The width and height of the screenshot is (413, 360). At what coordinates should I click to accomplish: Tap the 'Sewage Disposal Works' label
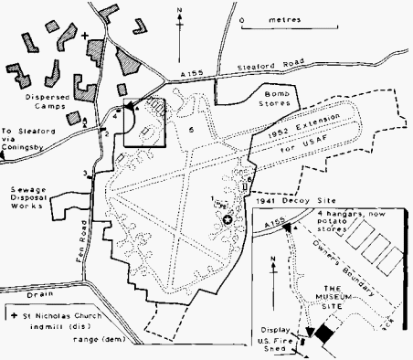coord(33,201)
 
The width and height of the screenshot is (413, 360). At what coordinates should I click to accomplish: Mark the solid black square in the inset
coord(322,334)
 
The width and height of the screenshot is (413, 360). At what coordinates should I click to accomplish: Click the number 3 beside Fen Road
coord(86,172)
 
